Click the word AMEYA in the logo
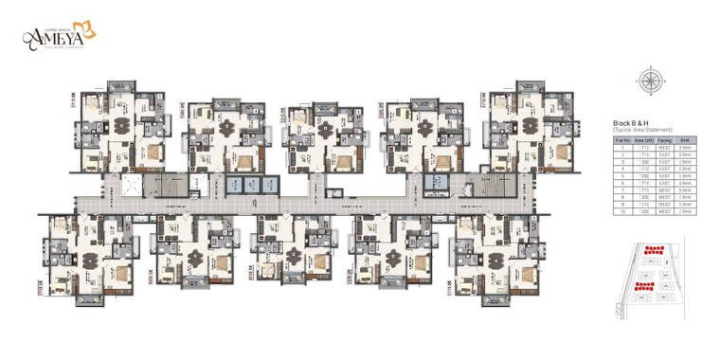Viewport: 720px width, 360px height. pos(59,37)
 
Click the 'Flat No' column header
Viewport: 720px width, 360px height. pos(623,139)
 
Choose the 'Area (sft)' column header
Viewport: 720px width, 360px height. pos(644,139)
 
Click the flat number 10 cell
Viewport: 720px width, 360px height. pos(623,211)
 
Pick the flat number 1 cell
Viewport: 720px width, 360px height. pos(623,147)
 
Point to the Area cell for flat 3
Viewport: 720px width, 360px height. pos(644,161)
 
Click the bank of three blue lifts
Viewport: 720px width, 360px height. pos(243,184)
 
